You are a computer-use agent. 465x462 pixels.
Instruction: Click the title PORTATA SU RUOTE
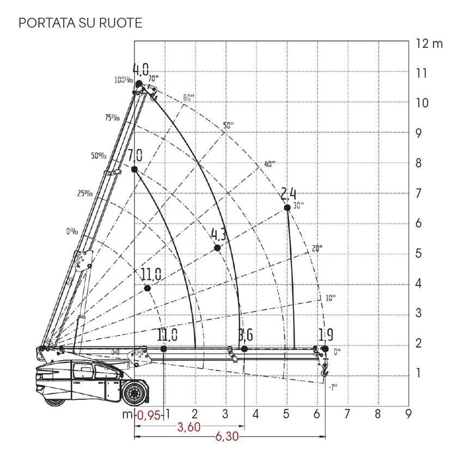pos(81,23)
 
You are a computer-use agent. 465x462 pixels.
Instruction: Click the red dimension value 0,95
pos(149,416)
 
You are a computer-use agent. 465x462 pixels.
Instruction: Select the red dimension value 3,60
pos(189,427)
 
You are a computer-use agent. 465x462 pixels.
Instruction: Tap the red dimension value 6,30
pos(227,436)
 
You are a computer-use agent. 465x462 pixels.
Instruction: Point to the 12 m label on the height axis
pos(429,43)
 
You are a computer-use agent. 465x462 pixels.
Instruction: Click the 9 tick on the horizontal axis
pos(408,414)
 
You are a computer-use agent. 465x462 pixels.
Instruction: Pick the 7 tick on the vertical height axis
pos(418,193)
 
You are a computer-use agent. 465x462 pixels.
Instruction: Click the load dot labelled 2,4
pos(287,208)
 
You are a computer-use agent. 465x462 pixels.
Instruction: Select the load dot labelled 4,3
pos(217,248)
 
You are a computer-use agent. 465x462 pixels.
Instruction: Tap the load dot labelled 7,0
pos(134,169)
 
